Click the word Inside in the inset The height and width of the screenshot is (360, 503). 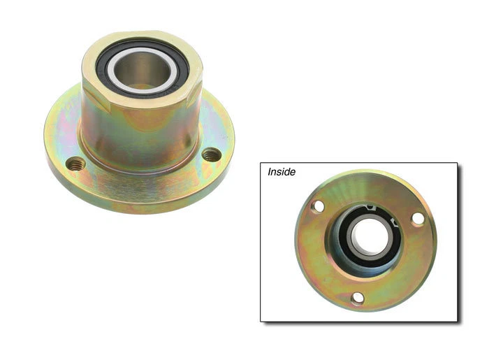coord(282,171)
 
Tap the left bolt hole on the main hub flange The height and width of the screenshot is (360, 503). coord(75,164)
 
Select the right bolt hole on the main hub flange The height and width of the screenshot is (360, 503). coord(210,154)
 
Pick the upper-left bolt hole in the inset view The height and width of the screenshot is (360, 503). coord(317,206)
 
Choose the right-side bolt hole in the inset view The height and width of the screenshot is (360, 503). coord(417,219)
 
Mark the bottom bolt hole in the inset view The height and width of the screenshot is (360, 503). coord(358,299)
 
